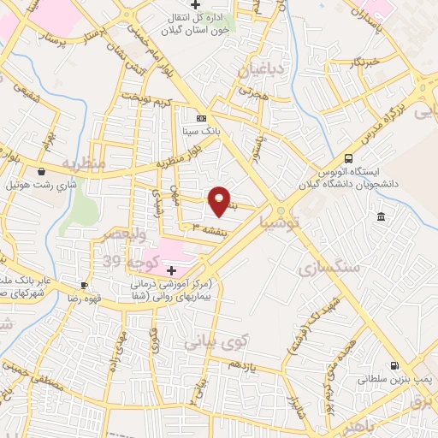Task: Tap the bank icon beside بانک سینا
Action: pos(201,118)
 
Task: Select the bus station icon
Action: pos(348,158)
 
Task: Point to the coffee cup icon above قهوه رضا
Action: pos(84,285)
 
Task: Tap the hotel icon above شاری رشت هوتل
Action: pos(41,171)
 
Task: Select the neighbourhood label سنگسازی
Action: pos(328,269)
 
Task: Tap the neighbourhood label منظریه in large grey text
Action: pos(83,162)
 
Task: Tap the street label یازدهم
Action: pos(242,364)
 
